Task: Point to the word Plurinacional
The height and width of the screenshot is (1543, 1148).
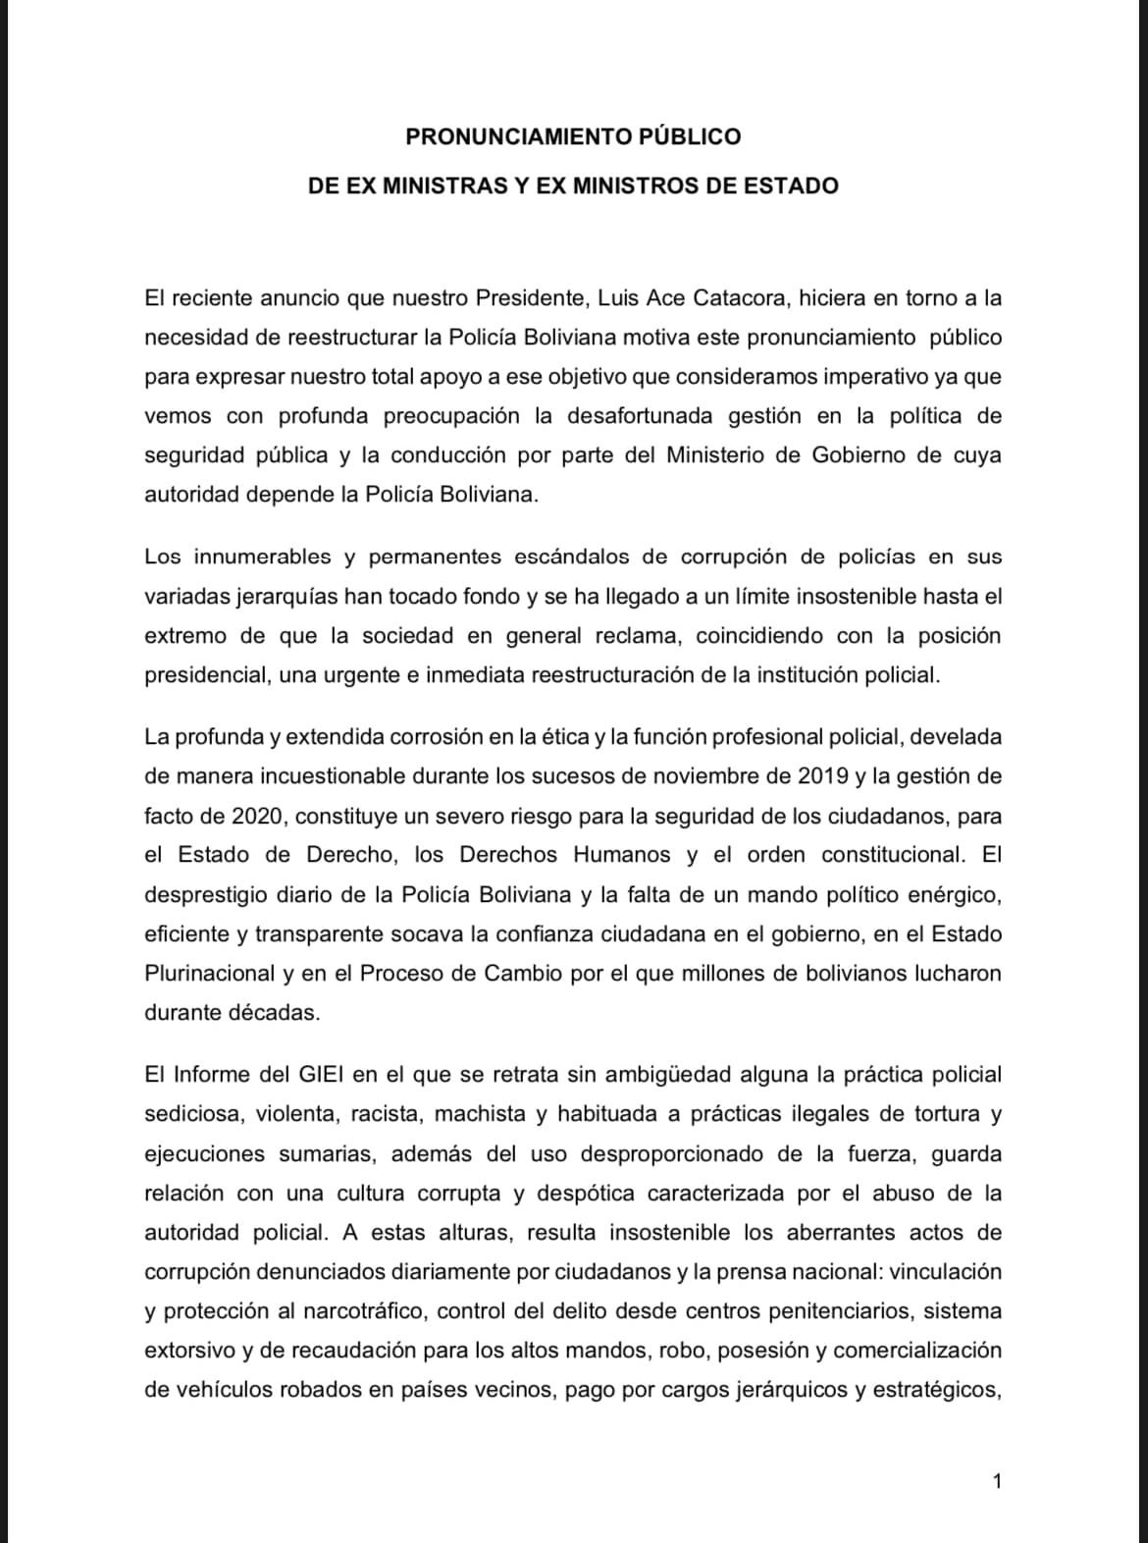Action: [209, 974]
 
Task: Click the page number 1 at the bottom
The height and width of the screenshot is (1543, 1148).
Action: [998, 1482]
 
